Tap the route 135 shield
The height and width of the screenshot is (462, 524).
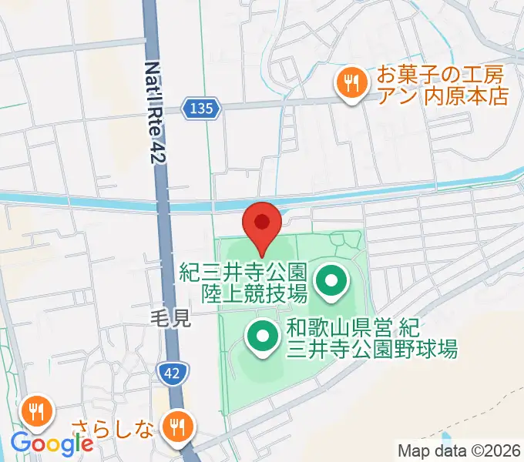[x=203, y=109]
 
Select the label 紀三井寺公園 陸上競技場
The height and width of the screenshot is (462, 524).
[x=244, y=282]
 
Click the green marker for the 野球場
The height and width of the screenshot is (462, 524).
[x=262, y=336]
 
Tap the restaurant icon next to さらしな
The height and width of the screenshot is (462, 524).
[x=179, y=425]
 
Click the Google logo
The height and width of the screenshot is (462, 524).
[x=52, y=444]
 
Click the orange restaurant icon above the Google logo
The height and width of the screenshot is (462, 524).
[x=35, y=411]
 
